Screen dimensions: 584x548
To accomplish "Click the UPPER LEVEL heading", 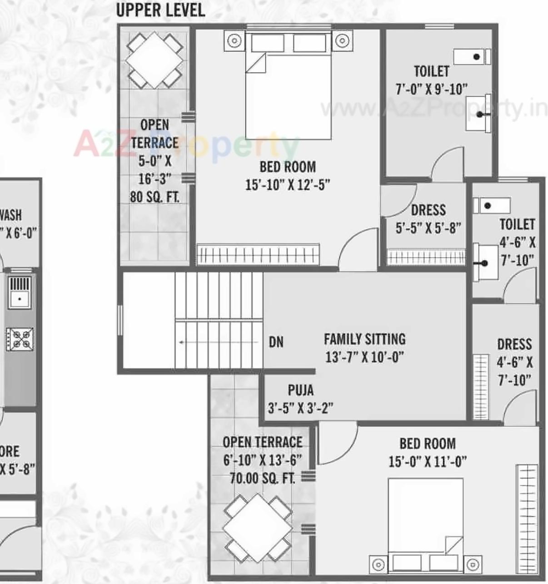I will click(x=160, y=10).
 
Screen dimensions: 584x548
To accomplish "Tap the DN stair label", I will click(x=276, y=342).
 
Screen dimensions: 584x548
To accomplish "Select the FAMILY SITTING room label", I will click(x=364, y=339).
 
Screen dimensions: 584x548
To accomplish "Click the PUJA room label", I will click(x=300, y=390).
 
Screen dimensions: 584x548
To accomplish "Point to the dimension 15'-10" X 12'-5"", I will click(x=288, y=185).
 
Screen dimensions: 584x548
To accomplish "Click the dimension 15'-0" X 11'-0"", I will click(x=427, y=462).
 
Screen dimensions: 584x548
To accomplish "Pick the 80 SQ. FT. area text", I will click(x=154, y=197).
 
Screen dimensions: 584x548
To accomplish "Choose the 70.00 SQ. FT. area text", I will click(x=262, y=478).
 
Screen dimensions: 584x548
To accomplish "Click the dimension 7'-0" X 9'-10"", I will click(x=431, y=89).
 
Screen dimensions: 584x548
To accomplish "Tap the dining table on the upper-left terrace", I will click(x=154, y=60).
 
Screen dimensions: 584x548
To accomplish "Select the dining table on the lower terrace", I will click(x=257, y=529).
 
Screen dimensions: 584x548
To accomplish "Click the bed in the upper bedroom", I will click(x=288, y=91).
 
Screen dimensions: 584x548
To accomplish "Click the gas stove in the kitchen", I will click(x=20, y=339).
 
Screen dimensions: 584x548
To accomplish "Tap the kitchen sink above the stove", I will click(x=20, y=292).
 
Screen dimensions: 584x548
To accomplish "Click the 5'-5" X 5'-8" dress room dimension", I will click(x=428, y=228).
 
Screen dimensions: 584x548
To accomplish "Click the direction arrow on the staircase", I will click(x=182, y=342).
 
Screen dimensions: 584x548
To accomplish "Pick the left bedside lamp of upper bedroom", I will click(x=234, y=41).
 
